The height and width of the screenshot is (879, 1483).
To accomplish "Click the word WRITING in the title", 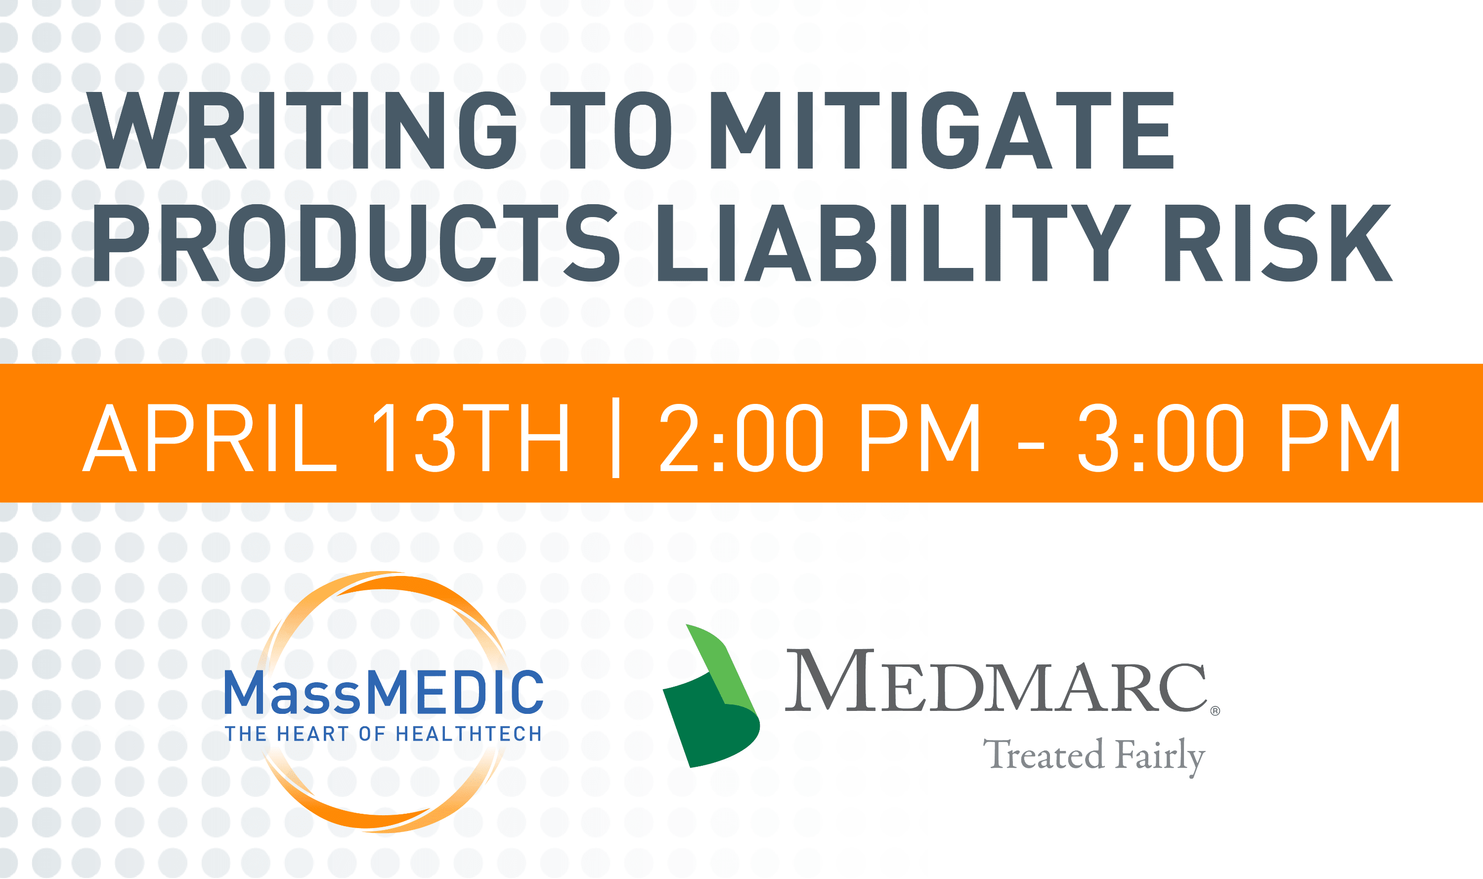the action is coord(302,131).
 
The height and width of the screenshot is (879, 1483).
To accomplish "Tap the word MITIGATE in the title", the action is coord(942,131).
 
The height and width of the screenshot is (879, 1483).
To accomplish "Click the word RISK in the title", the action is coord(1279,243).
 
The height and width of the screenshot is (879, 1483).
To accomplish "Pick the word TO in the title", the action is coord(611,131).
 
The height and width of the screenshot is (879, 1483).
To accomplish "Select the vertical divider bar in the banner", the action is coord(616,438).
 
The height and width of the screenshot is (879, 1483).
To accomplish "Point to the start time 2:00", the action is coord(741,438).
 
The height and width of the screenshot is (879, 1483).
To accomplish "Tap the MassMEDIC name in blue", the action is coord(384,691).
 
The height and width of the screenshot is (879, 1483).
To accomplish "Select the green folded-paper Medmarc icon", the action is coord(711,696).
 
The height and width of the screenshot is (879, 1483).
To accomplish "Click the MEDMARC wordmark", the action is coord(996,680).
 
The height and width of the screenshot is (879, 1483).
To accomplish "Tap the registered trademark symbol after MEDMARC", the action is coord(1215,711).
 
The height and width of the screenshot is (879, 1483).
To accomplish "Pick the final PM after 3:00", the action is coord(1340,438).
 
